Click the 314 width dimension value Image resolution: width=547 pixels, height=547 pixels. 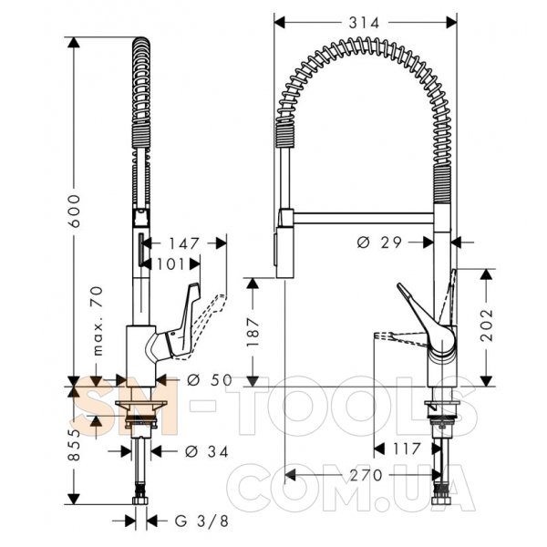(x=364, y=23)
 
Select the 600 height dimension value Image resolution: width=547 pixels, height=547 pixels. (x=74, y=212)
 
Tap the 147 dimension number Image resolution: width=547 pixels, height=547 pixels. (x=184, y=243)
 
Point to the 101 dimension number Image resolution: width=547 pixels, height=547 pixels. (x=170, y=264)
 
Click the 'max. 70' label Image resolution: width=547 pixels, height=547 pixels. (x=98, y=321)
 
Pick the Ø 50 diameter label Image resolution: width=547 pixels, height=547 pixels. (x=210, y=380)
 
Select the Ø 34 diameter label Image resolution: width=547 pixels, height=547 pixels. (x=207, y=451)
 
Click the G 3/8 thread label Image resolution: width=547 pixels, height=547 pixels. (x=201, y=521)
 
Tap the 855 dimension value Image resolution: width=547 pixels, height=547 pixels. (x=74, y=445)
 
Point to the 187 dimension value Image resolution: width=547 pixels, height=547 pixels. (x=253, y=332)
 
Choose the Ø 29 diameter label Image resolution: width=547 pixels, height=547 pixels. (x=379, y=243)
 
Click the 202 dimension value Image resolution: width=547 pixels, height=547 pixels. (x=487, y=325)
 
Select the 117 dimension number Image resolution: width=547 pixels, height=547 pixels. (x=407, y=449)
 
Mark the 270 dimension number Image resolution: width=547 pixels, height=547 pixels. (x=366, y=475)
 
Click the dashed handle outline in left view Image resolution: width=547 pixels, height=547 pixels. (x=210, y=322)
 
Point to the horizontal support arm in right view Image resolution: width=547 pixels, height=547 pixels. (x=364, y=217)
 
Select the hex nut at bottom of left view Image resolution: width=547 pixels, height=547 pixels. (x=140, y=501)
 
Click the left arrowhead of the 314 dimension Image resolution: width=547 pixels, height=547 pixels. (x=280, y=23)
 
